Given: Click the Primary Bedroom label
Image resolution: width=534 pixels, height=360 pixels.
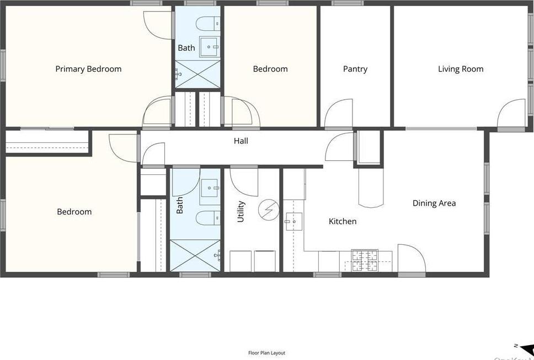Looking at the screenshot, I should pos(88,69).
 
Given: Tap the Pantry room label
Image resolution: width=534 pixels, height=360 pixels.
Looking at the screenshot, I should pos(355,69).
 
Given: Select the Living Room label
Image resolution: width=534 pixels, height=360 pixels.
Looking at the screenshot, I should pos(461,69).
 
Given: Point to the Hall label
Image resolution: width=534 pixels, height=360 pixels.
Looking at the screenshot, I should pos(241,141).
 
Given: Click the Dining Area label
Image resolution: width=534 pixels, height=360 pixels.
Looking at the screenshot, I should pos(434,203).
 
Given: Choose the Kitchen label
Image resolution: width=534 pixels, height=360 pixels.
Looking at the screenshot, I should pos(343,221).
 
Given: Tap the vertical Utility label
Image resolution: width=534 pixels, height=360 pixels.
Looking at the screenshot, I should pos(241,212).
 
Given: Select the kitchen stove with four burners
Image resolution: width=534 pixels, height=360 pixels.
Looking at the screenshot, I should pos(365,260).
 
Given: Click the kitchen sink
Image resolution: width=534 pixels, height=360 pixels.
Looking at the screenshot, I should pos(293,222).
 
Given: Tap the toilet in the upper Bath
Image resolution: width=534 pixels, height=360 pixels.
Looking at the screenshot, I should pos(209,23).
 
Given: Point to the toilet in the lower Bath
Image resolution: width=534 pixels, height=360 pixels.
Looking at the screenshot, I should pos(209,218).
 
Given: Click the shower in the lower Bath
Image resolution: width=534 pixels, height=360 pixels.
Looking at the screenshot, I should pos(195,255).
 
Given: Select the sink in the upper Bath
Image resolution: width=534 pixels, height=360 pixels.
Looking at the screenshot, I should pos(210,47).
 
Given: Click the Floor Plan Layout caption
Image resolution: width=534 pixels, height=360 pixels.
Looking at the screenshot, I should pos(266,353).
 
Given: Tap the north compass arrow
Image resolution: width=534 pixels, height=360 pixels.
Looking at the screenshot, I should pos(526,348).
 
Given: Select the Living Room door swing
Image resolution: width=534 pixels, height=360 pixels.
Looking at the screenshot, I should pos(511,114).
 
